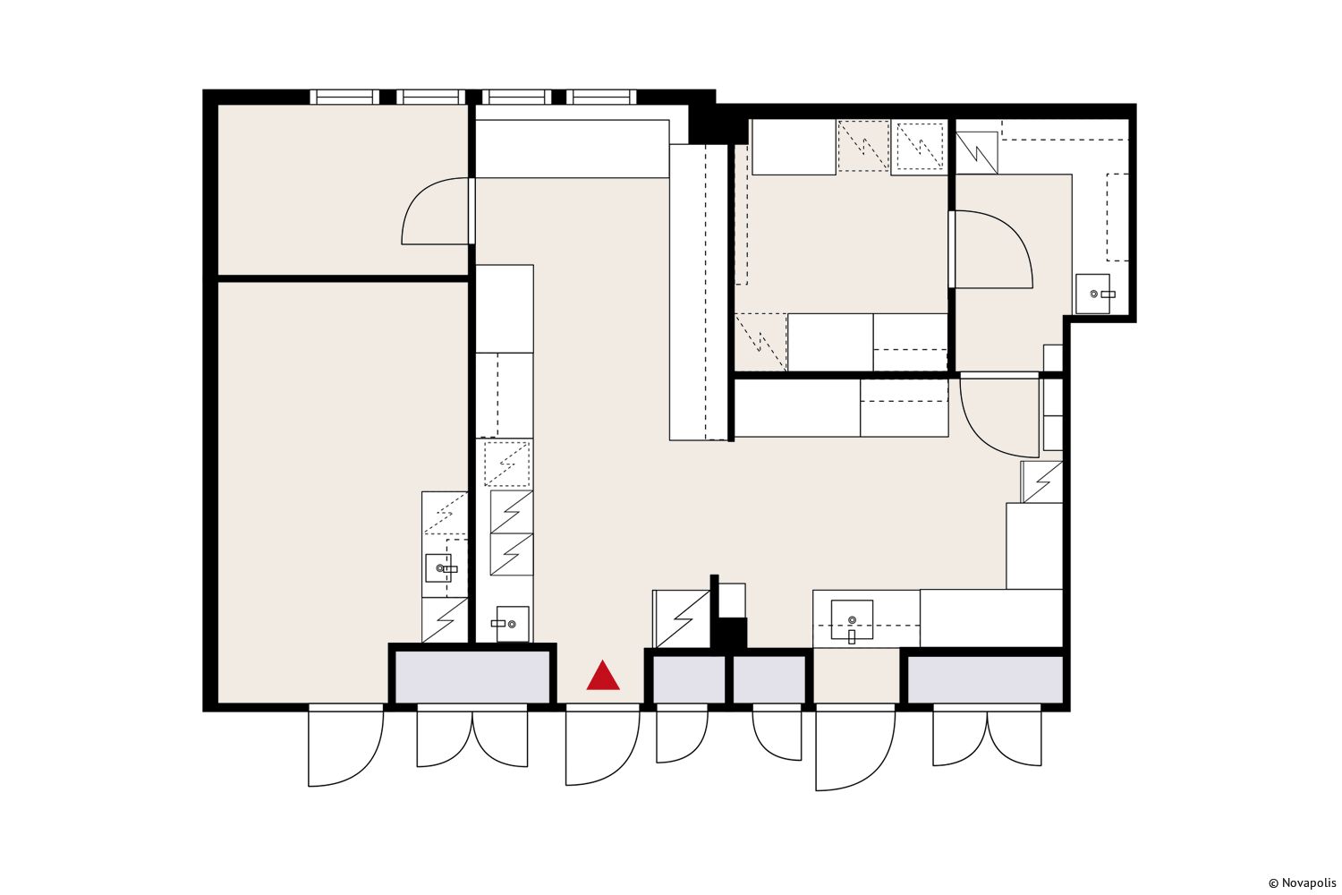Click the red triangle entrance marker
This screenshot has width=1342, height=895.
click(x=603, y=677)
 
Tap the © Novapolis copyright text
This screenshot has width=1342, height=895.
click(x=1302, y=883)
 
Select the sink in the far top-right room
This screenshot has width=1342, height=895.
click(x=1093, y=294)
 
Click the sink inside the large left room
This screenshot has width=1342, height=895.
click(x=443, y=567)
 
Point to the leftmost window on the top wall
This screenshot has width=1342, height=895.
click(x=344, y=97)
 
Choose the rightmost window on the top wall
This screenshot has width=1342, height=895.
click(x=601, y=97)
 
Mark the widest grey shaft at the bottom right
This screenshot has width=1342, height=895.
click(x=986, y=679)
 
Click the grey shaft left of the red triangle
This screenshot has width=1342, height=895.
click(x=472, y=677)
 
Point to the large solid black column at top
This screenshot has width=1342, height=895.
click(x=718, y=124)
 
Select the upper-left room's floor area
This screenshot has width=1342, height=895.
click(x=343, y=190)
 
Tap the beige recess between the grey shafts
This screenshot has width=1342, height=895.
click(x=857, y=676)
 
